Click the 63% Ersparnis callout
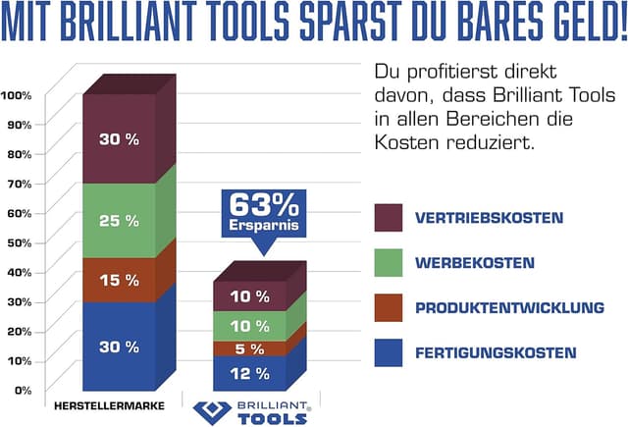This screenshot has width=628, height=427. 262,215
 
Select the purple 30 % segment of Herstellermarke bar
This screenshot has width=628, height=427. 119,139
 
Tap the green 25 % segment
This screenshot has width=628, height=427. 119,221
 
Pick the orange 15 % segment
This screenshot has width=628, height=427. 119,280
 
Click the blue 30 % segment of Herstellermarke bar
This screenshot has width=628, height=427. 119,346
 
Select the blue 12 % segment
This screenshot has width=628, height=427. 248,373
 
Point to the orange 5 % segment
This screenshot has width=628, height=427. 248,348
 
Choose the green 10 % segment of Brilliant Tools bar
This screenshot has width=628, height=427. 248,325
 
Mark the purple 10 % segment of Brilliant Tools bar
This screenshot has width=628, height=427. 248,295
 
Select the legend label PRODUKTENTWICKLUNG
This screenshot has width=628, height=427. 509,308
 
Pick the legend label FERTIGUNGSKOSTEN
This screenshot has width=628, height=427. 496,352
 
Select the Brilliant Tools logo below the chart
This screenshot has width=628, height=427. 252,412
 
